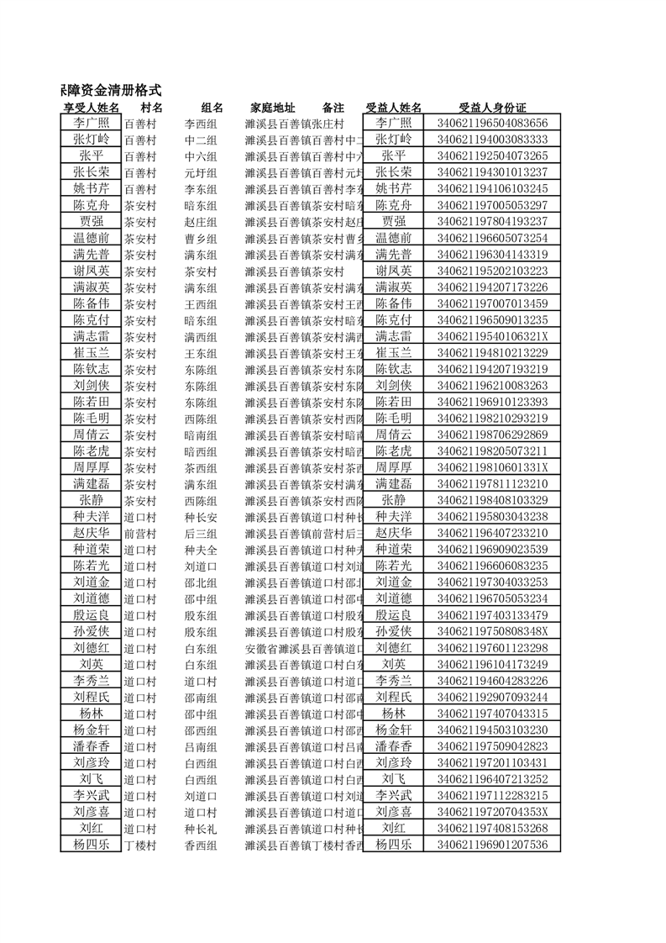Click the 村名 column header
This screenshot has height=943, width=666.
tap(151, 108)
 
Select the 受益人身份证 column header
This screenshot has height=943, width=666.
tap(492, 108)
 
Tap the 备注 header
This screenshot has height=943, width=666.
tap(333, 108)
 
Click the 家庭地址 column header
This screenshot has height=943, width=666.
tap(272, 108)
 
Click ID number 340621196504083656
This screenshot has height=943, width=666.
tap(492, 124)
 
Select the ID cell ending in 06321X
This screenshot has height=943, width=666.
tap(492, 336)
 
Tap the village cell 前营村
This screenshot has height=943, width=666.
tap(140, 533)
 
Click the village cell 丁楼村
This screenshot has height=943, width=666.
tap(140, 845)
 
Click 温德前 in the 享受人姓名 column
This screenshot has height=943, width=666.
tap(91, 238)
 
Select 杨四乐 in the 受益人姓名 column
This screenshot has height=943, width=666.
tap(393, 845)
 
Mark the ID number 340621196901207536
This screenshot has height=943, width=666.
tap(492, 845)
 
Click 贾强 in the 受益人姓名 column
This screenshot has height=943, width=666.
tap(393, 221)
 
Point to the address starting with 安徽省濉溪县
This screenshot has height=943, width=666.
tap(303, 648)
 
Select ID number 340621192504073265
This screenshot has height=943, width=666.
tap(492, 156)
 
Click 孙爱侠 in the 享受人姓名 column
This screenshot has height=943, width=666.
tap(91, 631)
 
